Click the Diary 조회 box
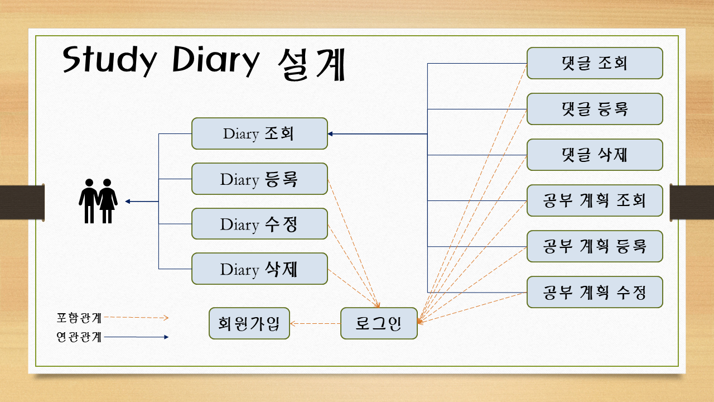[x=259, y=133]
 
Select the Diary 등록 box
[x=259, y=179]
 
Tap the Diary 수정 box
[x=259, y=224]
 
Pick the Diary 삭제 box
[x=259, y=269]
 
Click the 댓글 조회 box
[x=595, y=63]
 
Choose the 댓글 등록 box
[x=595, y=109]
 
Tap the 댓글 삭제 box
[x=595, y=155]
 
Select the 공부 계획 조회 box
[x=595, y=200]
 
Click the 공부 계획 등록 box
[x=595, y=246]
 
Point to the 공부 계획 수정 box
[x=595, y=292]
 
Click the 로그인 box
[x=379, y=323]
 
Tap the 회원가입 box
[x=249, y=323]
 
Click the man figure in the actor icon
[x=89, y=201]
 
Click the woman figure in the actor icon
[x=107, y=201]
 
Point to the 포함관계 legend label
[x=79, y=318]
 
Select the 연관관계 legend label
[x=79, y=337]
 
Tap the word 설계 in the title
[x=311, y=64]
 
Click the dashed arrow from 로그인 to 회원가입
[x=315, y=323]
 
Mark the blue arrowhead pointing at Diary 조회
[x=330, y=134]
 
